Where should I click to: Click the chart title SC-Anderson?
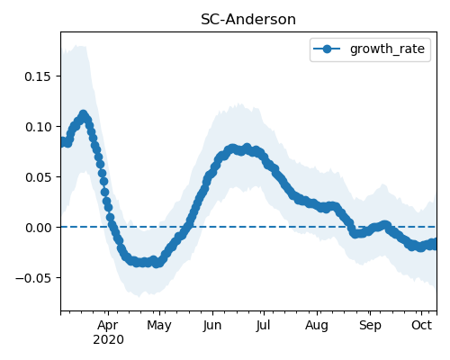click(248, 20)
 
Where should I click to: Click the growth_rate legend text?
click(387, 49)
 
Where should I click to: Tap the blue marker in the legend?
click(327, 49)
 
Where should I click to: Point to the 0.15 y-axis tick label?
click(38, 76)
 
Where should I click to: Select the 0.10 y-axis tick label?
click(38, 127)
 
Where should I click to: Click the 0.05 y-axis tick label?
click(38, 177)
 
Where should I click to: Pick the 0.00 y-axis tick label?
click(38, 228)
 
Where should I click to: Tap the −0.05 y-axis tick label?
click(33, 278)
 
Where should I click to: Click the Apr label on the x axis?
click(108, 326)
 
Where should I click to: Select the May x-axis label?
click(159, 326)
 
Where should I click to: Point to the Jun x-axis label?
click(212, 326)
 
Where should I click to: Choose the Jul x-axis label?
click(264, 326)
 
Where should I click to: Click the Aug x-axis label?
click(317, 326)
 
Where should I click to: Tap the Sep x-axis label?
click(370, 326)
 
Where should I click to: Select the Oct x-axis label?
click(421, 326)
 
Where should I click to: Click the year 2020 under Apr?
click(108, 340)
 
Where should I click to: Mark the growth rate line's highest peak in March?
click(84, 114)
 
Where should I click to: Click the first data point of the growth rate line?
click(62, 141)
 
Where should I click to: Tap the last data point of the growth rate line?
click(434, 244)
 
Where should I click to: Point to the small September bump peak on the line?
click(385, 225)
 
